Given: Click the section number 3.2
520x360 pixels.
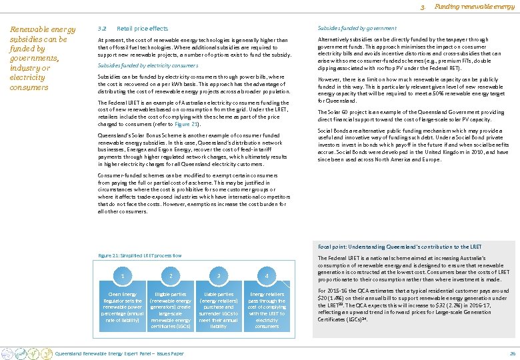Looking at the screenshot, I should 101,29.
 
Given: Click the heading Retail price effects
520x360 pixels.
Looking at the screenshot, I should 143,29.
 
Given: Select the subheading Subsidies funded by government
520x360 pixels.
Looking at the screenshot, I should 357,28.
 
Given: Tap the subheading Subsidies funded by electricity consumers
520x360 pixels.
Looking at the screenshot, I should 147,65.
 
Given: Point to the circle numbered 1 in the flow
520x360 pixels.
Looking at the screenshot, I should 122,275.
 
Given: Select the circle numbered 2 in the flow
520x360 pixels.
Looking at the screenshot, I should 171,275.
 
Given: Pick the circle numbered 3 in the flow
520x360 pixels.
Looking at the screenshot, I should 219,275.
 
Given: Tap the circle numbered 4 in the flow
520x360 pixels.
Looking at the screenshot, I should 267,275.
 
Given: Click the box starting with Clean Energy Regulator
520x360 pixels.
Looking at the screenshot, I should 122,307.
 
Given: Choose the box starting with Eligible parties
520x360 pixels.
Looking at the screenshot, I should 171,310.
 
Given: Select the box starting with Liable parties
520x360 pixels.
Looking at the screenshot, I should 219,310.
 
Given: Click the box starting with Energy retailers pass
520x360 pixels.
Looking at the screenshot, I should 267,310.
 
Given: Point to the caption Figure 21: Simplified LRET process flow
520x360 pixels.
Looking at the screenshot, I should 139,255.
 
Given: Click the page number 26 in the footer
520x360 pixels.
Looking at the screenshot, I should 512,353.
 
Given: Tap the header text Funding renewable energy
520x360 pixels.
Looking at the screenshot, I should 475,7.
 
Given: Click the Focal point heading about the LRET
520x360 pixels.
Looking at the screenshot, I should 399,247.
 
